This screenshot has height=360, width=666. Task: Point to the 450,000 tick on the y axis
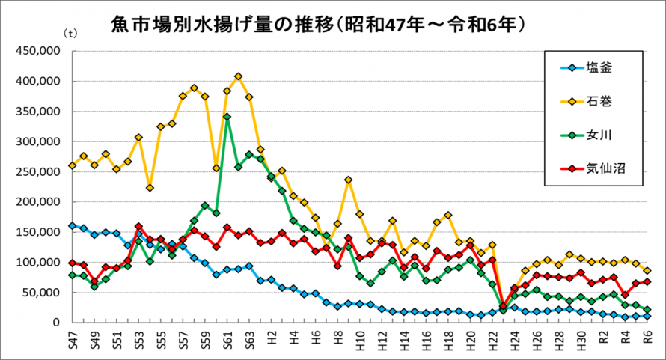pos(37,52)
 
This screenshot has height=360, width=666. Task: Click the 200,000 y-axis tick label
pos(37,202)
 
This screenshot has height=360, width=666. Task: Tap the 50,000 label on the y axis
pos(40,293)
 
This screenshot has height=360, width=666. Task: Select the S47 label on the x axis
pos(73,338)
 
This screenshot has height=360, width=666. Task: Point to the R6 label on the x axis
pos(647,338)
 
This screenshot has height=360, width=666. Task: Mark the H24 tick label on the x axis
pos(515,338)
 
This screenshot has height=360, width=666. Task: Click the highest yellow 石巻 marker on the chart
pos(238,76)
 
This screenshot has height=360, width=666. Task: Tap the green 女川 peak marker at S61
pos(227,117)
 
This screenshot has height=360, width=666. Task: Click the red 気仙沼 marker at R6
pos(647,281)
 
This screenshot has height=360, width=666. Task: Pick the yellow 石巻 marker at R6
pos(647,270)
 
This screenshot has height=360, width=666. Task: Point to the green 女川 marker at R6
pos(647,309)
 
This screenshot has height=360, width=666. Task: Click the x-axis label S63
pos(249,338)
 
